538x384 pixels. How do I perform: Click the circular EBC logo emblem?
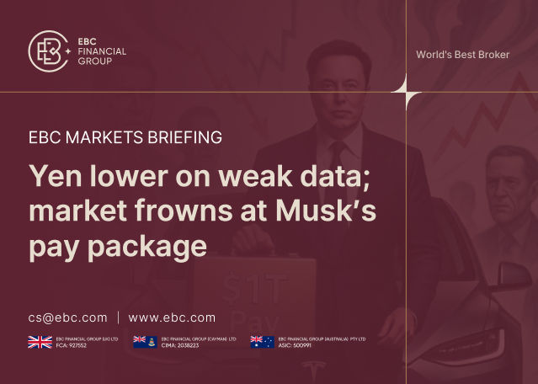tap(48, 51)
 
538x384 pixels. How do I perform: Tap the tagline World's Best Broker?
tap(462, 55)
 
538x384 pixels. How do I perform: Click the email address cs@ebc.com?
tap(67, 317)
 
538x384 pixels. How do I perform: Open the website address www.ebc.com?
tap(172, 317)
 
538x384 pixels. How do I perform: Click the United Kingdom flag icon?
tap(40, 341)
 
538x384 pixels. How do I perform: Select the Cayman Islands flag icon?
tap(145, 341)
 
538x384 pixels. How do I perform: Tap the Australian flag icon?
tap(262, 341)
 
